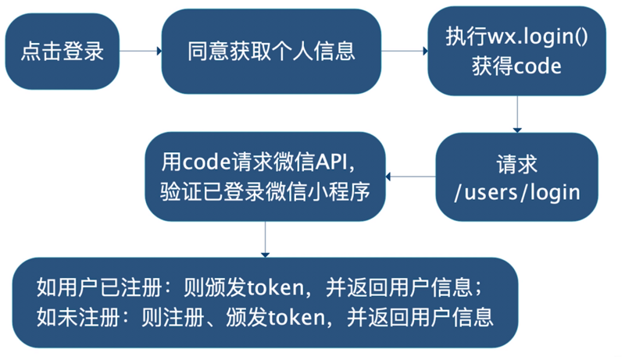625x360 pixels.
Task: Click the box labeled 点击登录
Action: click(62, 52)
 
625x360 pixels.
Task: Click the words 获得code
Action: click(516, 66)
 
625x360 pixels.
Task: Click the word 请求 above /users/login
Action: click(517, 163)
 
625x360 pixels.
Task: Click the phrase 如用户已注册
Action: click(87, 288)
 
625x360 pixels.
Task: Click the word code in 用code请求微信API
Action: click(206, 162)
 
